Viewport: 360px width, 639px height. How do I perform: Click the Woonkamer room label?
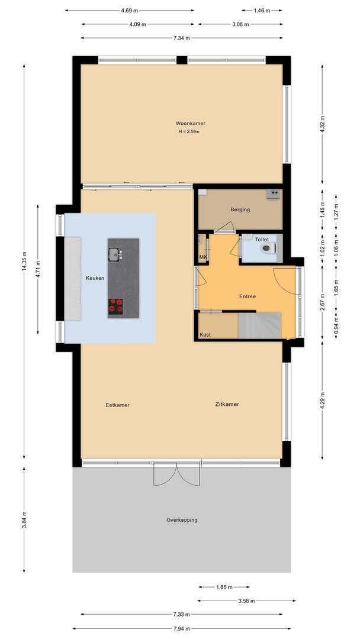click(190, 123)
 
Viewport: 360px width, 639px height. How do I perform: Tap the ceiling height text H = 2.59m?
click(190, 131)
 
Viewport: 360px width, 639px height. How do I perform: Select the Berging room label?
click(240, 209)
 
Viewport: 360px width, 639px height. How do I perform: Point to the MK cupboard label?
click(202, 257)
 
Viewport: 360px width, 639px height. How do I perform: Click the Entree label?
click(247, 296)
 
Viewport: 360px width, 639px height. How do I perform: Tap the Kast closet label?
click(205, 335)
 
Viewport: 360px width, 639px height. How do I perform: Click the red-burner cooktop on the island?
click(115, 305)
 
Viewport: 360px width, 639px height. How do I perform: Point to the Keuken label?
click(95, 277)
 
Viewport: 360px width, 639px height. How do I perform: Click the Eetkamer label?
click(117, 405)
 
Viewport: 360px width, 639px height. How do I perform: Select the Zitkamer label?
click(227, 404)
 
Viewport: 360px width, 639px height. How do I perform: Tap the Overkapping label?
click(182, 520)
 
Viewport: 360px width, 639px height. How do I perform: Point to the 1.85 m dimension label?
click(223, 587)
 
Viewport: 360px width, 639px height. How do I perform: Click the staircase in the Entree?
click(259, 325)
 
